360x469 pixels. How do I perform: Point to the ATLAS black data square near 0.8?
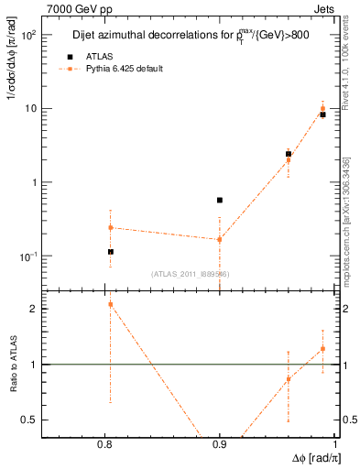tap(111, 252)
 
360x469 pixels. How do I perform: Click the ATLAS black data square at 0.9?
tap(220, 200)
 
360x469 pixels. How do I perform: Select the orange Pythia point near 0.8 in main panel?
tap(111, 227)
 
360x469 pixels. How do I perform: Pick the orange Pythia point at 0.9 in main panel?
tap(220, 240)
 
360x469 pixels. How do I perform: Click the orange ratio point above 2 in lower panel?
tap(111, 304)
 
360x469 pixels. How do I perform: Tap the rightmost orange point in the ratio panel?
tap(322, 348)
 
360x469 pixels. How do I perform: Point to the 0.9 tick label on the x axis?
tap(220, 444)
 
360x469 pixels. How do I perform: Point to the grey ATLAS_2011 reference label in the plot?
tap(191, 273)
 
